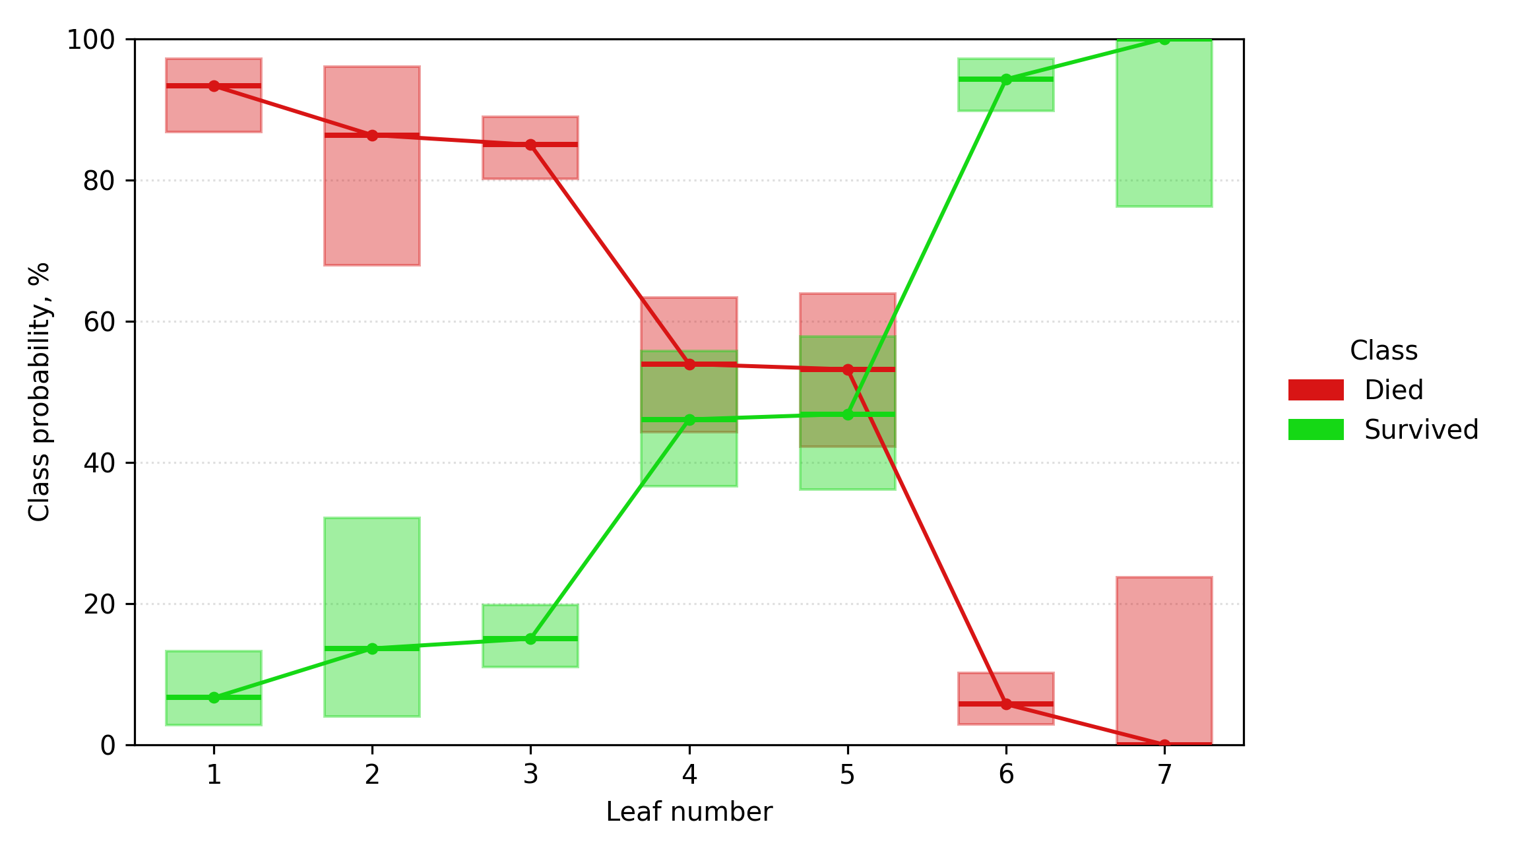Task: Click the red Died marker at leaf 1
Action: (214, 86)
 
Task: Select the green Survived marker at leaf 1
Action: (214, 697)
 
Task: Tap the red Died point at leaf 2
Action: (372, 135)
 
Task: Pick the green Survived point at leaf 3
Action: (530, 639)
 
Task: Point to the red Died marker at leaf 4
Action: (689, 364)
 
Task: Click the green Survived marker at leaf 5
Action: (848, 414)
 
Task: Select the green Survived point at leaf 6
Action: (1006, 79)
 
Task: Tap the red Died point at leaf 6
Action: (1006, 704)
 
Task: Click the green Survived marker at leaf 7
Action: (1164, 40)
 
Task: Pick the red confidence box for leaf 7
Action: (1164, 660)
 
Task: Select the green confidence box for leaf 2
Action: (372, 617)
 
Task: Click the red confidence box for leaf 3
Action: (530, 148)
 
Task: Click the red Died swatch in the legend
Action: (1315, 390)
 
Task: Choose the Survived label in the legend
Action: (1421, 429)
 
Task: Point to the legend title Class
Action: (1383, 350)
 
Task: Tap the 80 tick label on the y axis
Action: (100, 181)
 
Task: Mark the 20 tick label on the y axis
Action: (100, 604)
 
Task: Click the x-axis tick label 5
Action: (848, 775)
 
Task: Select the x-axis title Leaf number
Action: (689, 812)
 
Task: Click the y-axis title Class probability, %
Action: (40, 392)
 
